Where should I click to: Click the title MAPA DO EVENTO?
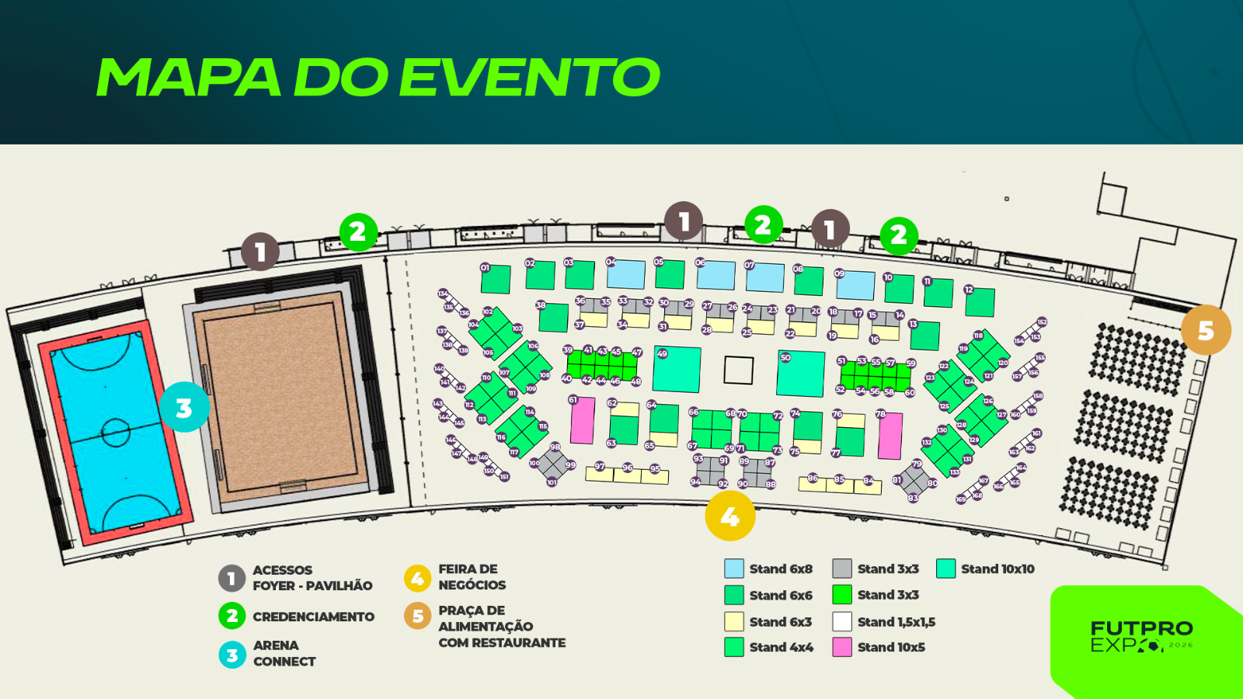pyautogui.click(x=378, y=77)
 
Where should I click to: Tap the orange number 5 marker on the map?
pyautogui.click(x=1206, y=330)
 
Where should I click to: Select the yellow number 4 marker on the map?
pyautogui.click(x=729, y=516)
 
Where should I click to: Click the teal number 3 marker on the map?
pyautogui.click(x=184, y=407)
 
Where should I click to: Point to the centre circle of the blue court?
pyautogui.click(x=116, y=429)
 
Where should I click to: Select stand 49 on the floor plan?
pyautogui.click(x=677, y=370)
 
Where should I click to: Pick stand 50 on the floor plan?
pyautogui.click(x=801, y=374)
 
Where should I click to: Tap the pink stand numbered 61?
pyautogui.click(x=583, y=421)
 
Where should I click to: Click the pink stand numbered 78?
pyautogui.click(x=890, y=436)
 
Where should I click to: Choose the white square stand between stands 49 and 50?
pyautogui.click(x=738, y=370)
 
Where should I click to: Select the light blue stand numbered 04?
pyautogui.click(x=626, y=274)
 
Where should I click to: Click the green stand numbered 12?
pyautogui.click(x=980, y=302)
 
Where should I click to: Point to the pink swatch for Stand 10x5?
pyautogui.click(x=842, y=647)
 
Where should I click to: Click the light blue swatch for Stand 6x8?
pyautogui.click(x=734, y=569)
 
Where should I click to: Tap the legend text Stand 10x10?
pyautogui.click(x=998, y=569)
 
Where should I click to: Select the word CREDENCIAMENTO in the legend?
pyautogui.click(x=313, y=617)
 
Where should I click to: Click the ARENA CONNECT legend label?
pyautogui.click(x=284, y=653)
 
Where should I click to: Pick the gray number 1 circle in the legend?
pyautogui.click(x=232, y=578)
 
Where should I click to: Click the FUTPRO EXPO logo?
pyautogui.click(x=1141, y=636)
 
